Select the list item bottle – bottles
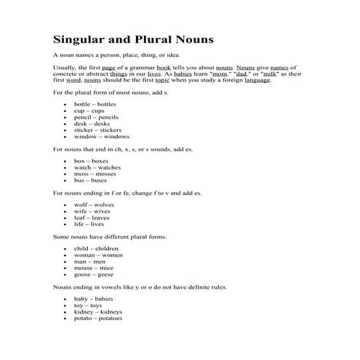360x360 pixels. click(x=93, y=104)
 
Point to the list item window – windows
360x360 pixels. click(x=101, y=136)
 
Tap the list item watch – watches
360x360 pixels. click(x=97, y=167)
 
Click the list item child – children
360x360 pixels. click(x=95, y=249)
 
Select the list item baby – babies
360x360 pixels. click(x=93, y=299)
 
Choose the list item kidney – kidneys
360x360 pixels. click(x=97, y=311)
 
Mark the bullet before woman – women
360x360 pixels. click(x=66, y=255)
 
